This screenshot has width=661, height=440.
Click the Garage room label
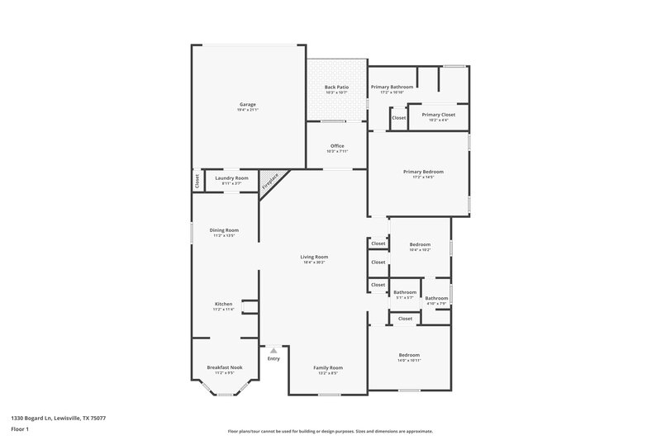(248, 104)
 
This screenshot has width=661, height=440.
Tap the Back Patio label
(336, 87)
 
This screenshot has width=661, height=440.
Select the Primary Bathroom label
(392, 87)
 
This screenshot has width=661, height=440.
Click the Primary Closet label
(439, 115)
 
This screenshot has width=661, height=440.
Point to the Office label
(337, 146)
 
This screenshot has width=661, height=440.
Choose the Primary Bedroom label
(418, 172)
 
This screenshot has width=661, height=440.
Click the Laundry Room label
(231, 177)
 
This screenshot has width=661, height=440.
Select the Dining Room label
(225, 230)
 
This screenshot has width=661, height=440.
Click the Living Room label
(314, 257)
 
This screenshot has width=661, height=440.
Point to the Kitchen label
(224, 304)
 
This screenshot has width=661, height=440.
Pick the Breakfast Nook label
(225, 367)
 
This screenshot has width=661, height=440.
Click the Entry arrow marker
(273, 350)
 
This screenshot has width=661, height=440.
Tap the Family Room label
(328, 367)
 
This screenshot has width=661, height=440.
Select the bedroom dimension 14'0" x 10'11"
(410, 361)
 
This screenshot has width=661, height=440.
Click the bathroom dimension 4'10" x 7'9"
(436, 304)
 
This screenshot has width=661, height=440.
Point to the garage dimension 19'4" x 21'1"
(248, 110)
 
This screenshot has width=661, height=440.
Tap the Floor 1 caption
(20, 429)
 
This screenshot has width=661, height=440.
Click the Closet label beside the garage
(197, 182)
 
